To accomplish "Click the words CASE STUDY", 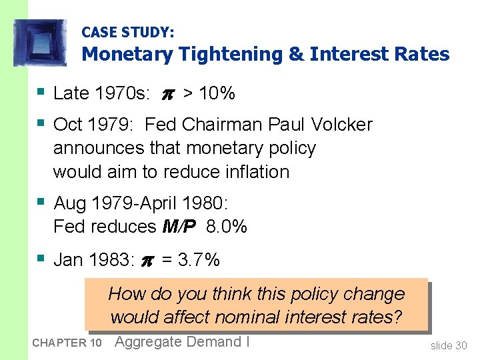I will pyautogui.click(x=127, y=31).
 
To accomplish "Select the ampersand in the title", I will pyautogui.click(x=296, y=54).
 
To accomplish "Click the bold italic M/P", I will pyautogui.click(x=179, y=227).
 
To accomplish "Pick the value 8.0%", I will pyautogui.click(x=227, y=227).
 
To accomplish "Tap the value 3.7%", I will pyautogui.click(x=199, y=259).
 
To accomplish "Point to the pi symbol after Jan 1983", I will pyautogui.click(x=148, y=260).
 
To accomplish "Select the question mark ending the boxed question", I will pyautogui.click(x=398, y=317).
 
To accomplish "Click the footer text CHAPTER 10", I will pyautogui.click(x=67, y=343).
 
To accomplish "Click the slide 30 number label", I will pyautogui.click(x=449, y=345).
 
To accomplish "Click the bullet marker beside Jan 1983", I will pyautogui.click(x=43, y=257).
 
